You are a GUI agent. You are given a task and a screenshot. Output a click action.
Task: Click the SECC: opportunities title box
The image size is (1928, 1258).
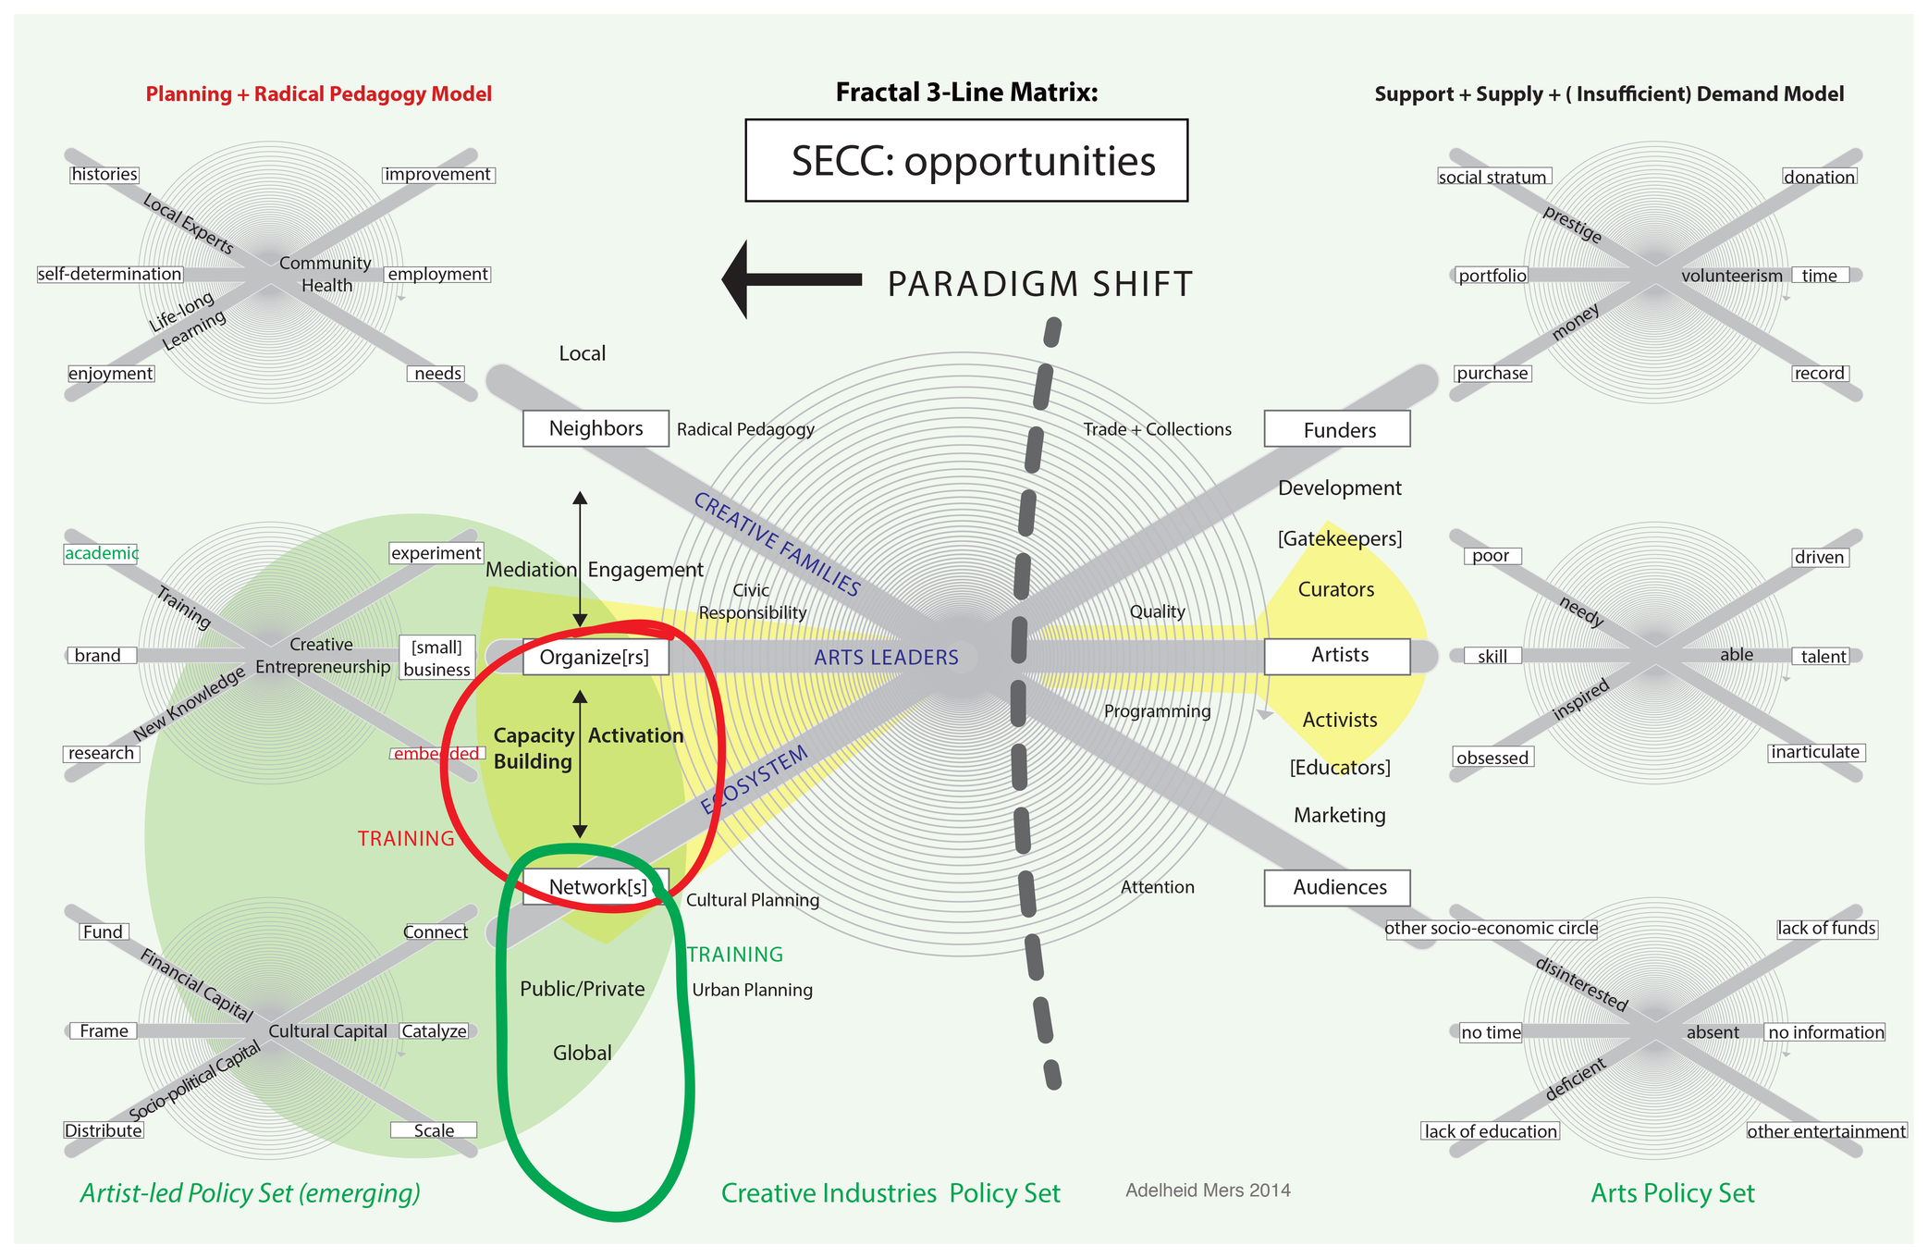click(966, 160)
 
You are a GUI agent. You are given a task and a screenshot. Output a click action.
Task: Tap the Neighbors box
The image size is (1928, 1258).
click(596, 428)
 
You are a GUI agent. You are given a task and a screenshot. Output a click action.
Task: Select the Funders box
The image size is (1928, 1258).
click(1337, 429)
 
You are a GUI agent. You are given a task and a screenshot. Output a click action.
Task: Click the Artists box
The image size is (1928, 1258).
click(1337, 656)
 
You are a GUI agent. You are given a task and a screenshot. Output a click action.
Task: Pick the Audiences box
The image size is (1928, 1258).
click(1337, 887)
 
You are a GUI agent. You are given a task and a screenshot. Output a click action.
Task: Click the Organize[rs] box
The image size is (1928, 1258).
click(596, 657)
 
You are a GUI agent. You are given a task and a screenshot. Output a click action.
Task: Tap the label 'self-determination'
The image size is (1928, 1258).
click(110, 274)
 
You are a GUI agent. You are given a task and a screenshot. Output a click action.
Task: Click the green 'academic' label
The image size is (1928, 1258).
click(102, 553)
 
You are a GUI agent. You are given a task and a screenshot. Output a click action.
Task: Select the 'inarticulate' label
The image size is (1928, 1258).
click(1815, 752)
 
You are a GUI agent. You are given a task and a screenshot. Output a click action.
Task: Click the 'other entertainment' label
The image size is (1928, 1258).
click(1826, 1131)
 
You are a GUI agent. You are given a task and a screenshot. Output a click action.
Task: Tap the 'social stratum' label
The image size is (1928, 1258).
click(1492, 177)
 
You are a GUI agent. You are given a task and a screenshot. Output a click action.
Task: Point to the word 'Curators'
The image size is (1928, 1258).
click(1336, 589)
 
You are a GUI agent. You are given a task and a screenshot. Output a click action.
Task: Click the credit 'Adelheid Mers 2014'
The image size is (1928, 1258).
click(1208, 1190)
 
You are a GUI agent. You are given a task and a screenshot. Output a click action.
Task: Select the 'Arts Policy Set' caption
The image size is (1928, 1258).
click(1672, 1193)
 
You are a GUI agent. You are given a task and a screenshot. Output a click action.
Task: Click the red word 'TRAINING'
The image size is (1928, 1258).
click(406, 838)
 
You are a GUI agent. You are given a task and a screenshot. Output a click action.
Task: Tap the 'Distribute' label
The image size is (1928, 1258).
click(104, 1130)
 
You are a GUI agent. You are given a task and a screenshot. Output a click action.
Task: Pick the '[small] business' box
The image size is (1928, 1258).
click(437, 658)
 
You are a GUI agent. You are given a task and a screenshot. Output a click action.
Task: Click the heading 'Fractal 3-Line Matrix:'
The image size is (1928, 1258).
click(966, 92)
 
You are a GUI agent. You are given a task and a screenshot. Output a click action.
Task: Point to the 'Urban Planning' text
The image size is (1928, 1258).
click(752, 990)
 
